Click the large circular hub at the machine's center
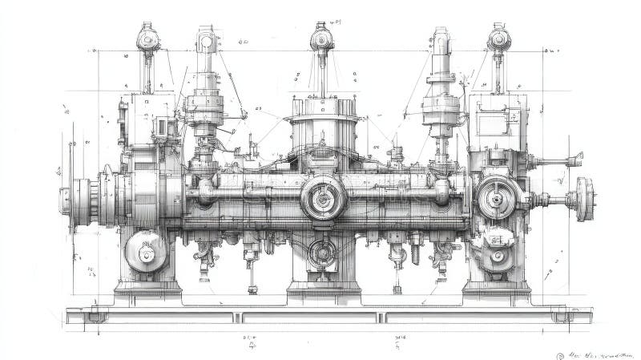[323, 196]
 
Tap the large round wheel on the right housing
[497, 196]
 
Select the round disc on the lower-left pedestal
[146, 252]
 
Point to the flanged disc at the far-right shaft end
[584, 198]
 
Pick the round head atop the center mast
[321, 37]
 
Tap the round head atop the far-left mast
[147, 38]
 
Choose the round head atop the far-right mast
[498, 38]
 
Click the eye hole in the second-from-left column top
[206, 39]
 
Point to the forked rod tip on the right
[574, 159]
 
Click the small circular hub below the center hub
[322, 253]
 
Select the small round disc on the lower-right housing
[498, 256]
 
